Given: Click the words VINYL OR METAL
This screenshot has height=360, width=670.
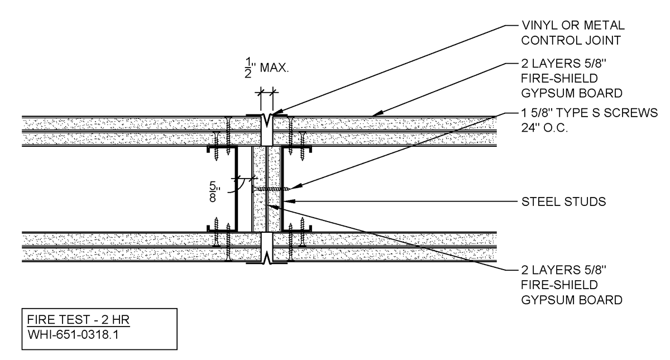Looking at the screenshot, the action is (x=573, y=26).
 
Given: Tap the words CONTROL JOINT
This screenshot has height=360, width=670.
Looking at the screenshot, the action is (x=571, y=40).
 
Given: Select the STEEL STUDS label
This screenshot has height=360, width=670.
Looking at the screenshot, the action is (x=563, y=201).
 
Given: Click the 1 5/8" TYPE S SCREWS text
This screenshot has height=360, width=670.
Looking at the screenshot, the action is (x=589, y=113).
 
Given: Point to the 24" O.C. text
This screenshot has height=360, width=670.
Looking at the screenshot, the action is (x=544, y=128).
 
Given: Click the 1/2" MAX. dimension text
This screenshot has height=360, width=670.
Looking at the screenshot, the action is (x=267, y=68).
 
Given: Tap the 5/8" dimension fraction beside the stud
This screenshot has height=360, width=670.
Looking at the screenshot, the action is (x=214, y=192).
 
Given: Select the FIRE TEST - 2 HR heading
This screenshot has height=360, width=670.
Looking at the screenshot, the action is (x=78, y=320).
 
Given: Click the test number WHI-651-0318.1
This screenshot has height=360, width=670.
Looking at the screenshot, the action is (x=73, y=334).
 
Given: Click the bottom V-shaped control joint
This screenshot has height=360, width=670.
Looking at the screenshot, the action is (x=266, y=258).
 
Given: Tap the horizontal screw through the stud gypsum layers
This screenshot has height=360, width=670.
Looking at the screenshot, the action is (x=271, y=189).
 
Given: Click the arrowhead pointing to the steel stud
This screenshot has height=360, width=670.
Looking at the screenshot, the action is (x=289, y=201).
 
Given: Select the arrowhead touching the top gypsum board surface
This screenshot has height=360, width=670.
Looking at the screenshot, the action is (x=377, y=114).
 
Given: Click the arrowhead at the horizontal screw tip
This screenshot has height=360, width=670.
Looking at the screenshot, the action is (x=295, y=187).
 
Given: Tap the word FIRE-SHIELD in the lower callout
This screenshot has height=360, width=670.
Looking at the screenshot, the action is (x=559, y=285).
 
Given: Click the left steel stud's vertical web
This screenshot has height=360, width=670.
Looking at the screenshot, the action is (x=236, y=189).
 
